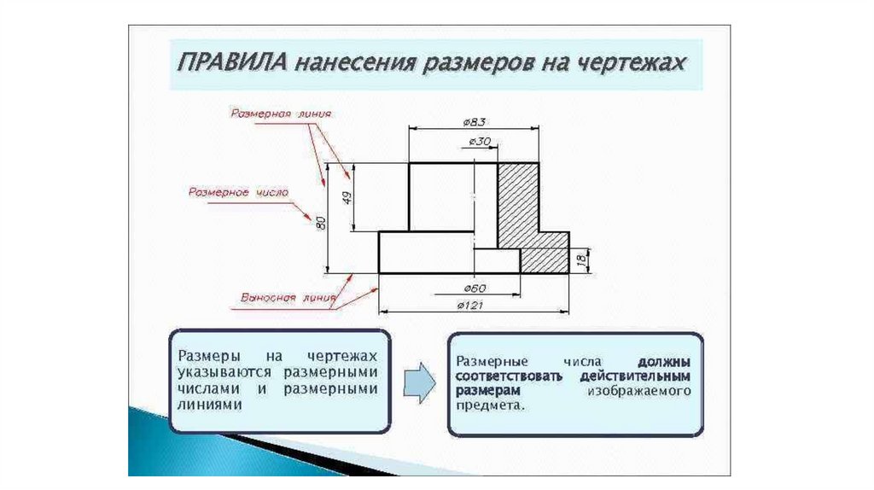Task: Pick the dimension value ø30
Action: coord(480,142)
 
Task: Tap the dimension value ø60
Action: coord(476,287)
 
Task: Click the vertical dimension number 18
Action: coord(580,258)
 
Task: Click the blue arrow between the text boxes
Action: coord(419,381)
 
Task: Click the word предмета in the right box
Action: coord(487,406)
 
